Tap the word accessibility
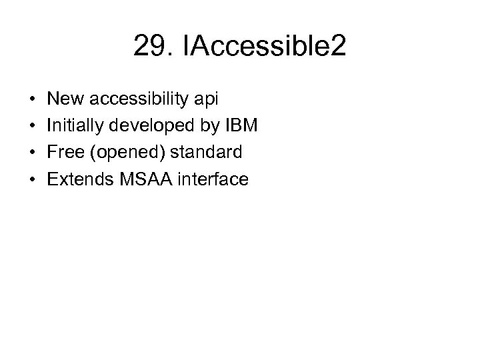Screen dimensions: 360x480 click(137, 99)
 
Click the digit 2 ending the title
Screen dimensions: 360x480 click(337, 47)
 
